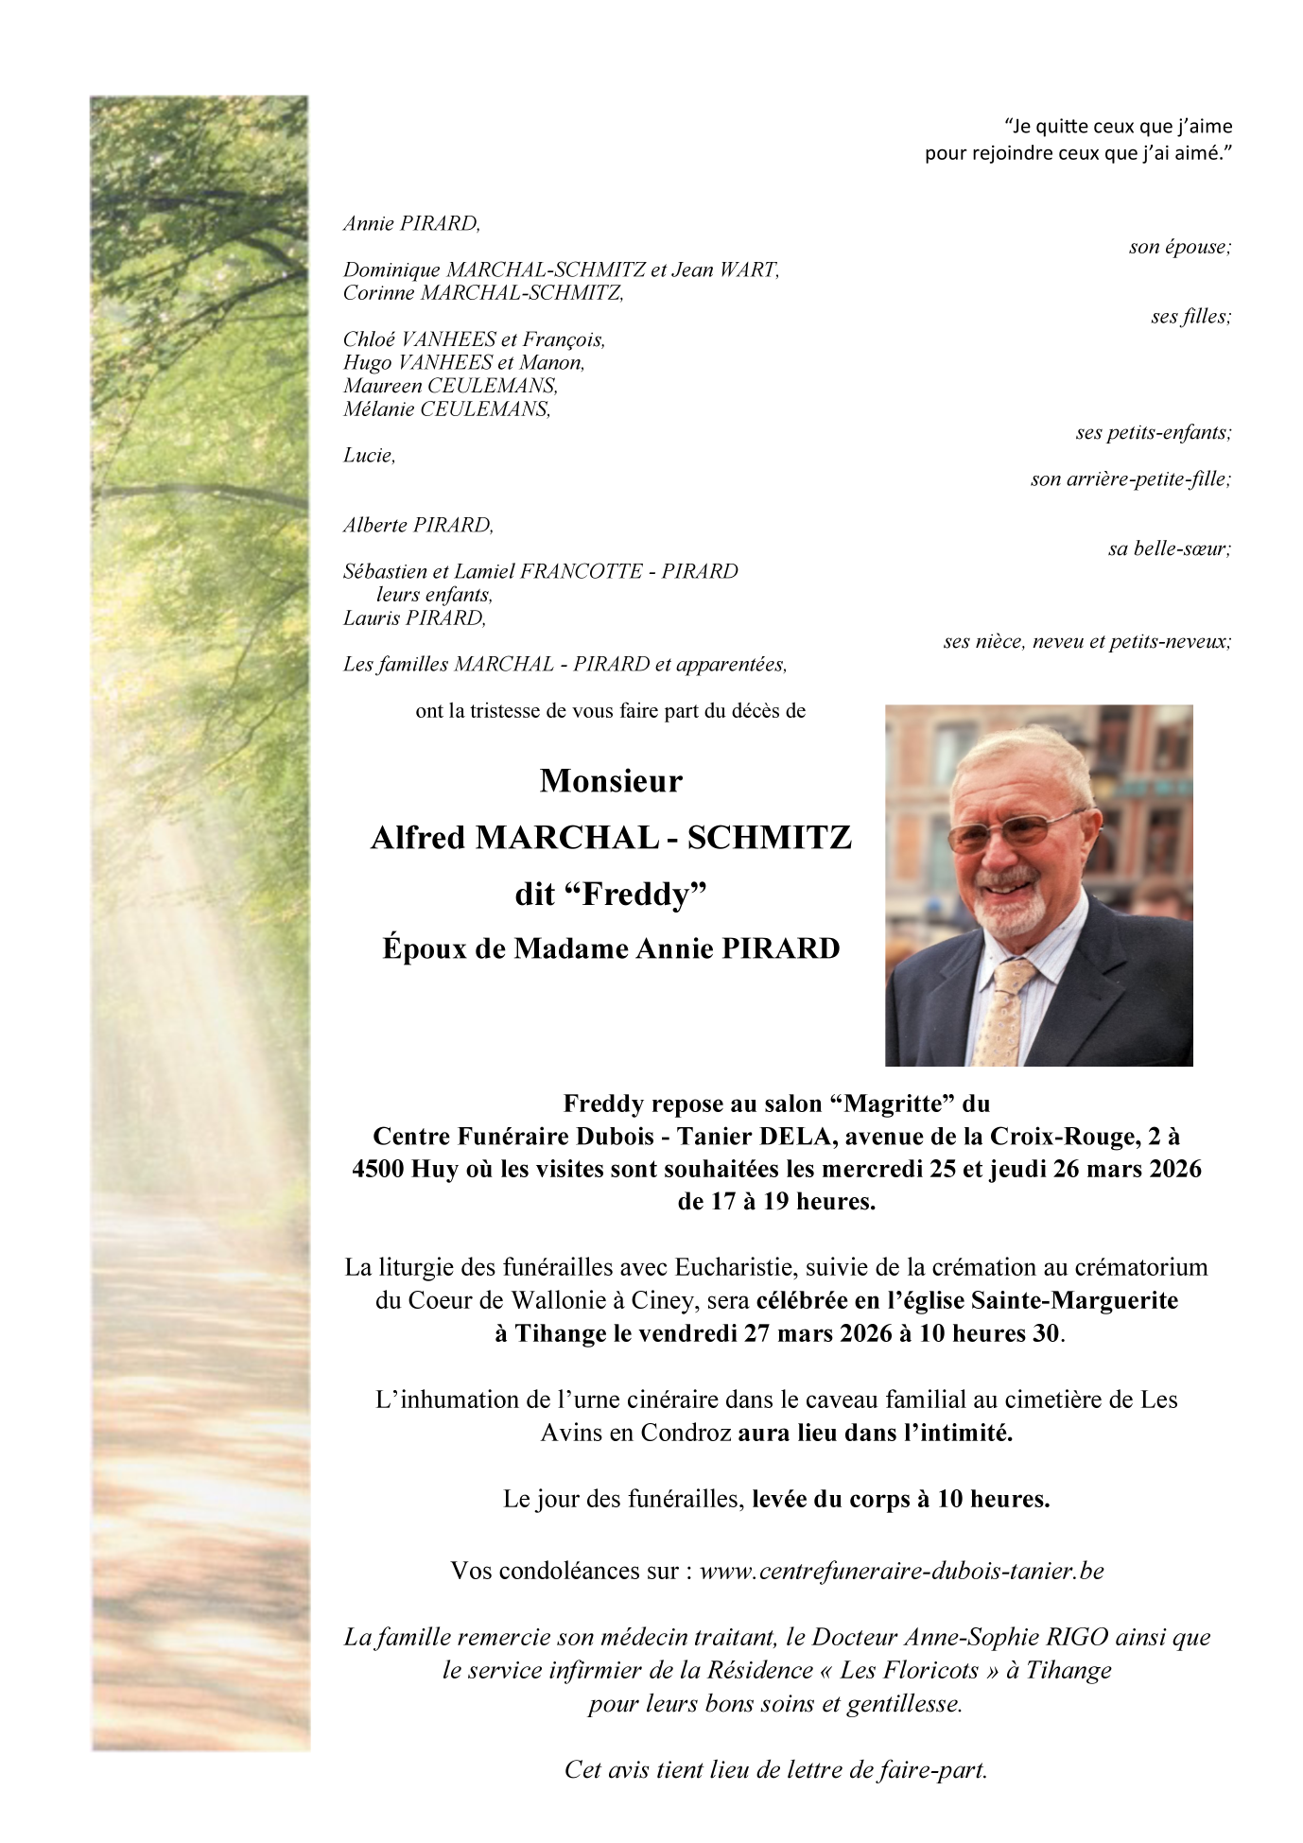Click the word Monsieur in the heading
click(x=611, y=781)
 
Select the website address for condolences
click(x=901, y=1571)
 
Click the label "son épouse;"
click(x=1179, y=247)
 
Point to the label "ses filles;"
click(x=1190, y=317)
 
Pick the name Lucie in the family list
click(x=369, y=456)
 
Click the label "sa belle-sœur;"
click(x=1170, y=548)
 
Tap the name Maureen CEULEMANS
click(x=450, y=386)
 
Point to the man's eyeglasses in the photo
click(x=1014, y=831)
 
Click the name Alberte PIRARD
click(x=418, y=526)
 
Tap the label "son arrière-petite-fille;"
click(x=1130, y=479)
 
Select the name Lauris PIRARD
click(x=414, y=618)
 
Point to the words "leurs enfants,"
click(x=434, y=595)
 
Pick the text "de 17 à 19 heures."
click(x=775, y=1202)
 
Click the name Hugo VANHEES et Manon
click(x=463, y=363)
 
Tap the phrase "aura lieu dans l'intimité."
click(x=876, y=1433)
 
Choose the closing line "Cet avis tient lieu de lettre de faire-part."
click(x=775, y=1769)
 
